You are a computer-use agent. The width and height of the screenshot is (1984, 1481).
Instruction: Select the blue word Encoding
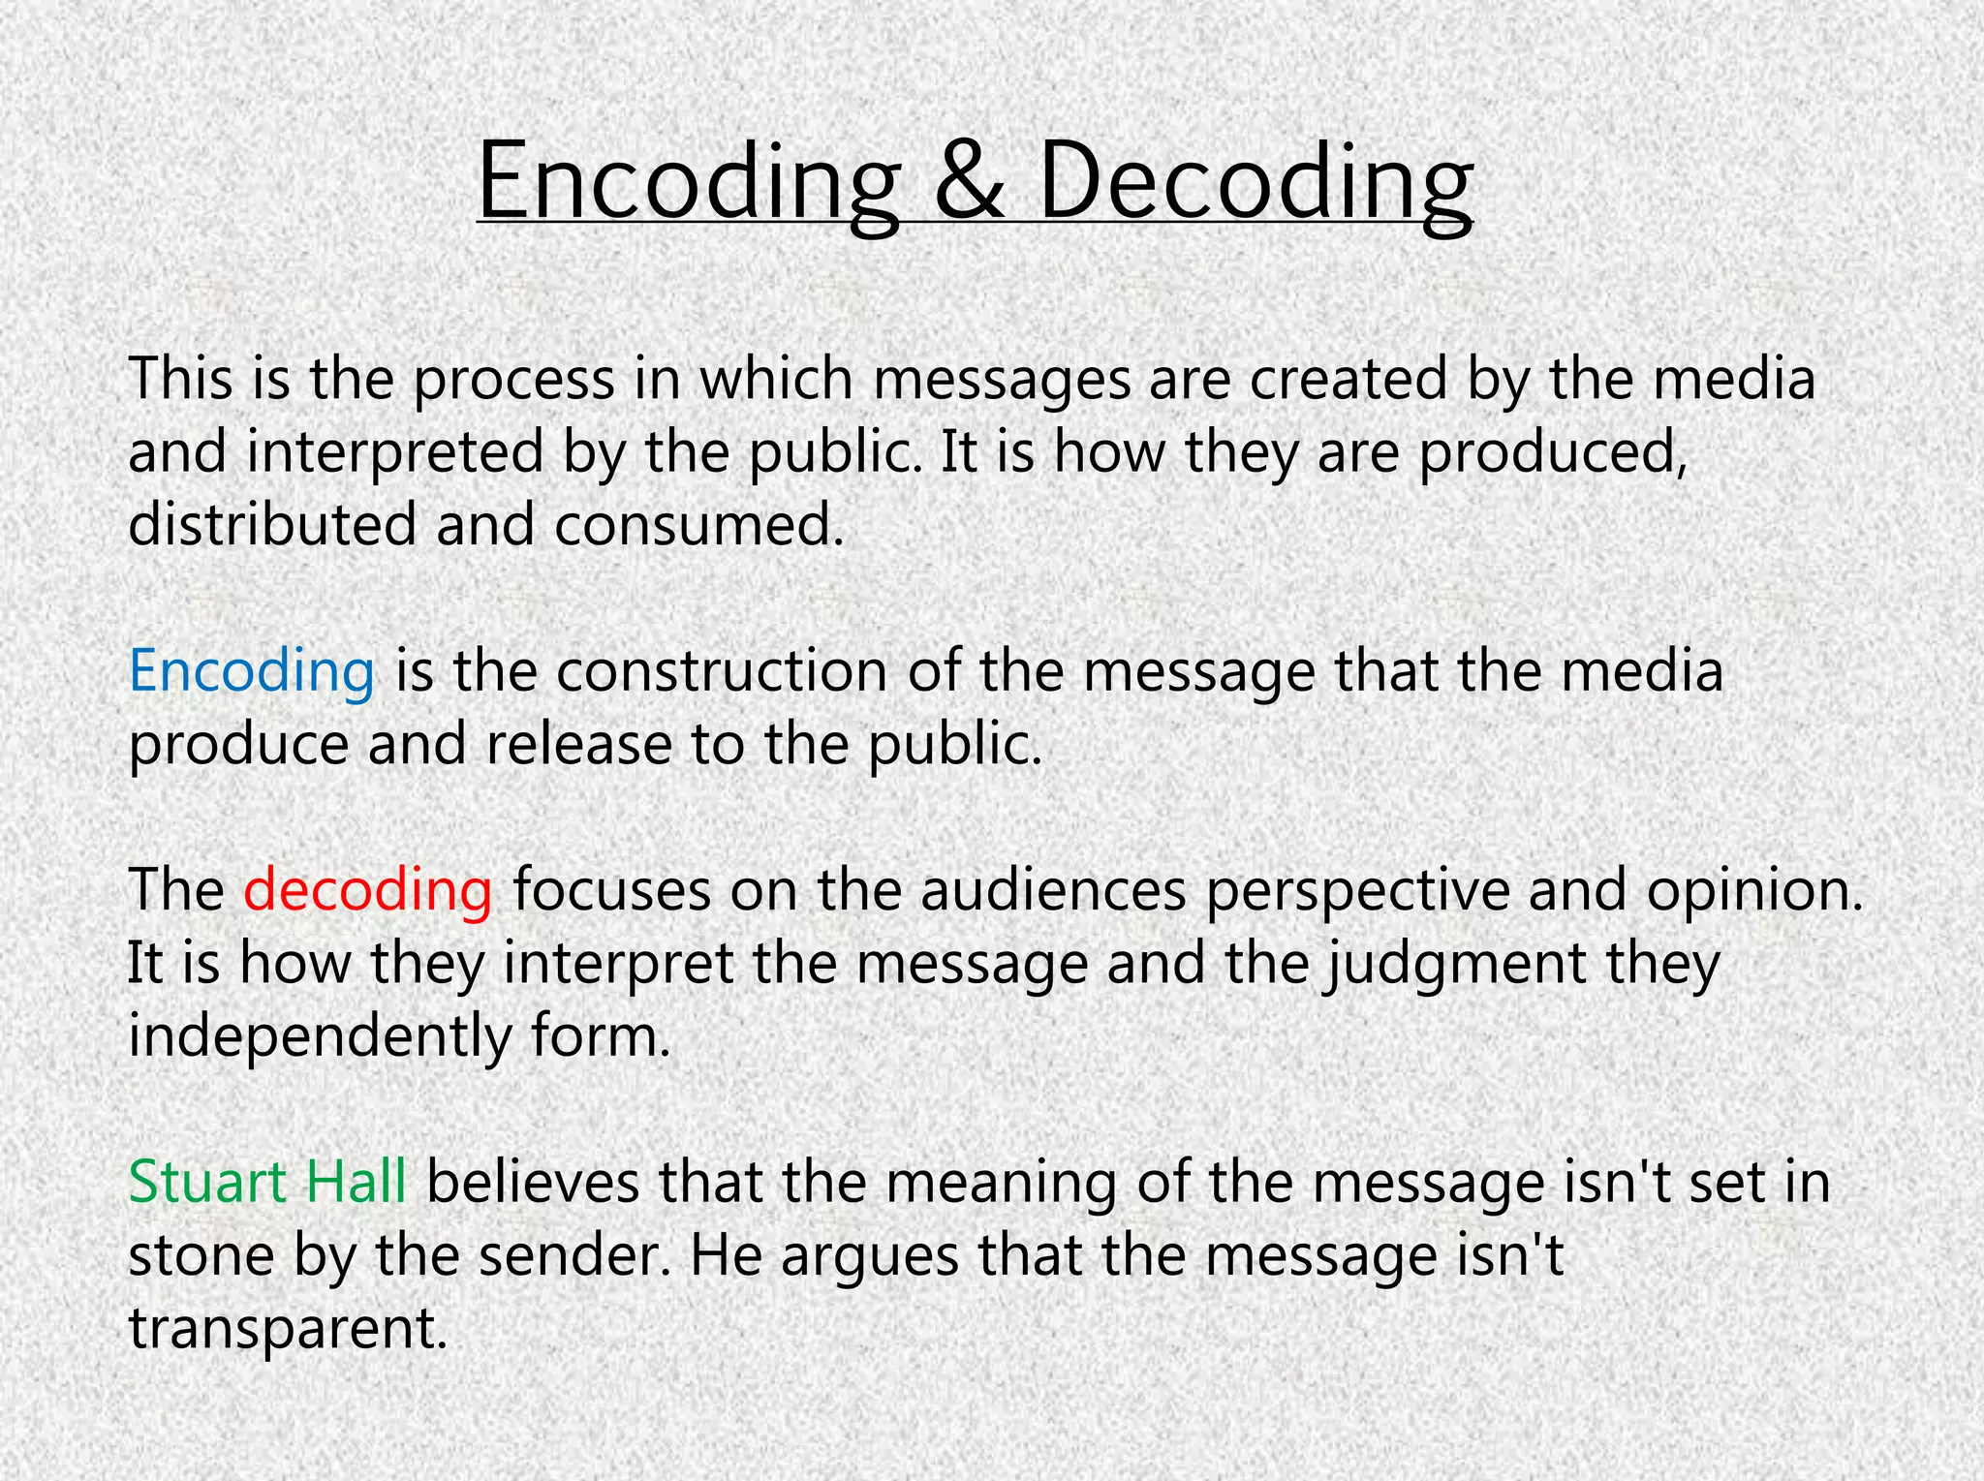[x=251, y=671]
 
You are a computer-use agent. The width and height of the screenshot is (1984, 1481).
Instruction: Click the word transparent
[x=288, y=1329]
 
